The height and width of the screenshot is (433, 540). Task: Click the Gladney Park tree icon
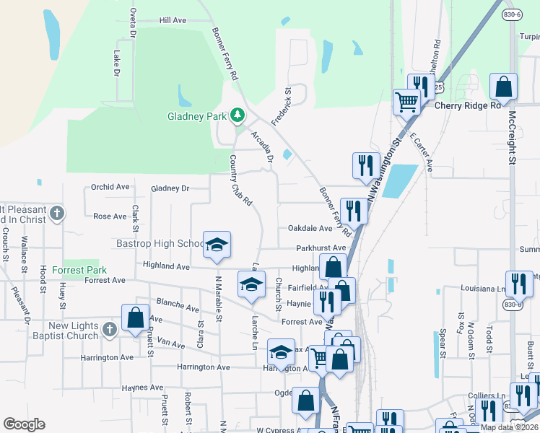(x=237, y=115)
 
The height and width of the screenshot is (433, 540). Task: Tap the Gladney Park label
(x=197, y=115)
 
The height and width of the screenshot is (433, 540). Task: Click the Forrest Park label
(x=84, y=271)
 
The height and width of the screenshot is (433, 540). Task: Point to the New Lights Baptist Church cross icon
(x=109, y=331)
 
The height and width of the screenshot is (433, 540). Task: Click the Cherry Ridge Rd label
(x=467, y=105)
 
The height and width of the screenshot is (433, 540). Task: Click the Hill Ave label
(x=173, y=21)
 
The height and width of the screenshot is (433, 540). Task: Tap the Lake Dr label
(x=116, y=63)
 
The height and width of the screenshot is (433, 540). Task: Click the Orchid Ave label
(x=110, y=187)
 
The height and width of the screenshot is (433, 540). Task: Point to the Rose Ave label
(x=110, y=216)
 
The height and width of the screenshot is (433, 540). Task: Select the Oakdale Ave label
(x=310, y=228)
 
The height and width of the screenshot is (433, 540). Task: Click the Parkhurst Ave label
(x=321, y=248)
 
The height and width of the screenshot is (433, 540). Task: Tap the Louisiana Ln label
(x=483, y=288)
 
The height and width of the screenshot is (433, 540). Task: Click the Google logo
(x=25, y=424)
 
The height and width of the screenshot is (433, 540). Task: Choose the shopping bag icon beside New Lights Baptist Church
(x=135, y=318)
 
